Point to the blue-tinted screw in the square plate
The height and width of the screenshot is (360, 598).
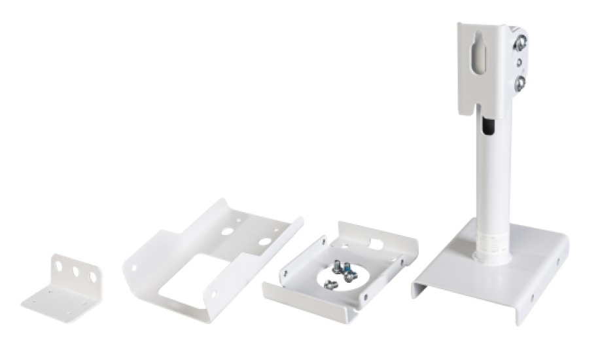pyautogui.click(x=347, y=268)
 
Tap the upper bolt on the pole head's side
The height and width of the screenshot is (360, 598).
pyautogui.click(x=519, y=44)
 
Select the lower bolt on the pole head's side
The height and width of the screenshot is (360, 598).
pyautogui.click(x=519, y=82)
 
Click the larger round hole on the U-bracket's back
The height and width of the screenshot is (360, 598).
pyautogui.click(x=264, y=242)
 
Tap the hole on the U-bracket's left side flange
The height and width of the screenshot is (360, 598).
pyautogui.click(x=135, y=268)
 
